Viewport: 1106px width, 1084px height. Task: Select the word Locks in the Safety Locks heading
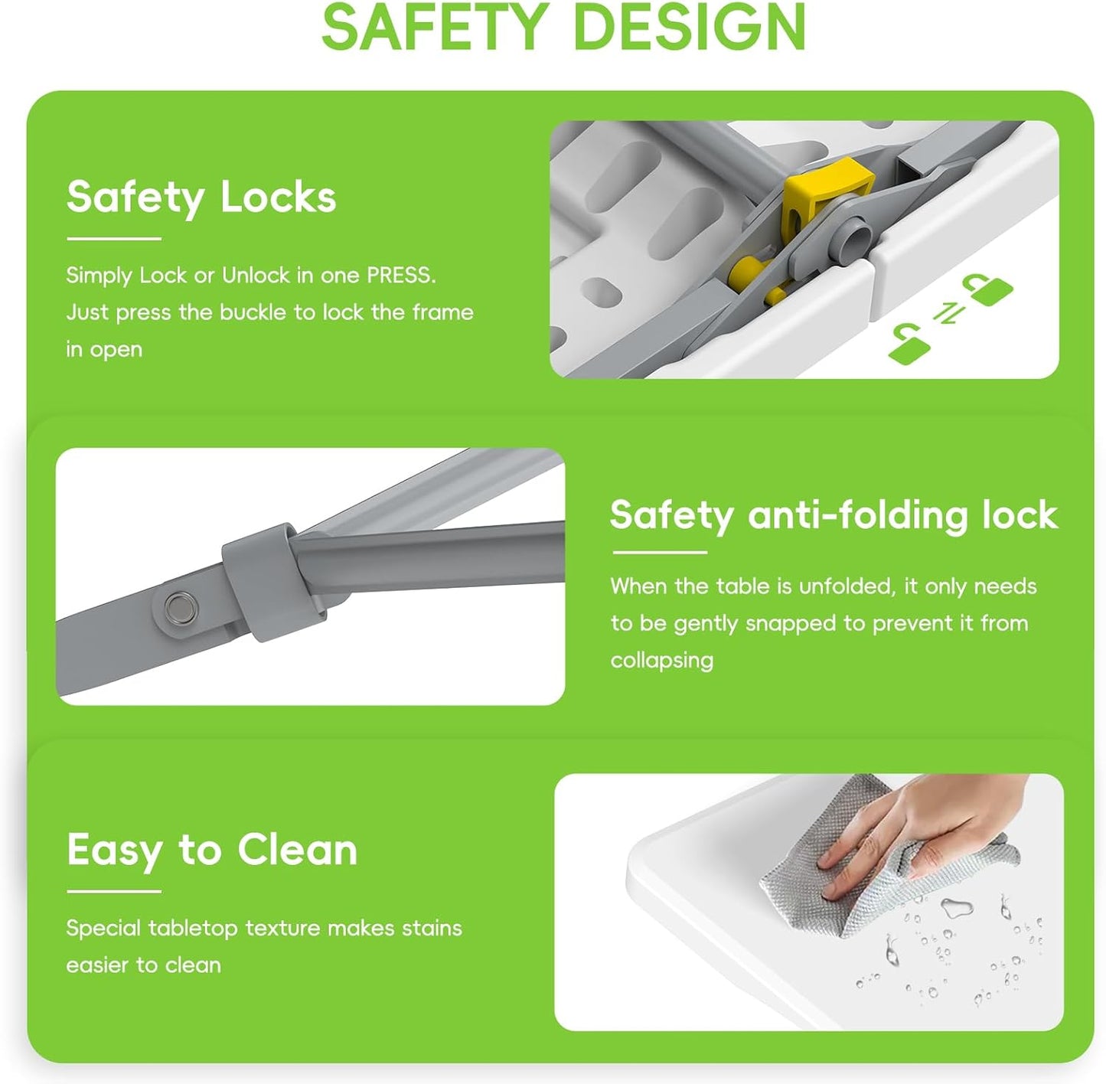pyautogui.click(x=279, y=198)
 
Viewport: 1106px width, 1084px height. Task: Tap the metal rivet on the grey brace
pyautogui.click(x=180, y=605)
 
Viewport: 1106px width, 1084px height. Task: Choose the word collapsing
pyautogui.click(x=661, y=660)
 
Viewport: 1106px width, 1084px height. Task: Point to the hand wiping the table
pyautogui.click(x=918, y=827)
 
